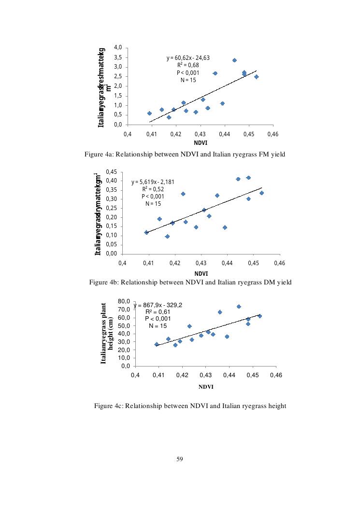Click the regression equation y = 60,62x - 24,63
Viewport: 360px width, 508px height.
(188, 58)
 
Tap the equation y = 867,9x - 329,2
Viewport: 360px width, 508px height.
(158, 305)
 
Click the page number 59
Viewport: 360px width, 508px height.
(180, 458)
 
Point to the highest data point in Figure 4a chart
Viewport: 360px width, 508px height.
(234, 60)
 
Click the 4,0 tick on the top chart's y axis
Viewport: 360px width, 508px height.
(118, 47)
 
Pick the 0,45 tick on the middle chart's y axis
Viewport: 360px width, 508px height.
(111, 171)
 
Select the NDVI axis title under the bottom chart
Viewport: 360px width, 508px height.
(205, 387)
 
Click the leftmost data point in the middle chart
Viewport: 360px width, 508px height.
(146, 232)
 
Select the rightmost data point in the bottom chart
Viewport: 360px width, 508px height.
(259, 316)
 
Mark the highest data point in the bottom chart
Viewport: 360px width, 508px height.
(239, 307)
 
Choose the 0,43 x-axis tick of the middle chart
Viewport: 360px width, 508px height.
(201, 263)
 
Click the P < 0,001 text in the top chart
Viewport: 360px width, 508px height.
(188, 72)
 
